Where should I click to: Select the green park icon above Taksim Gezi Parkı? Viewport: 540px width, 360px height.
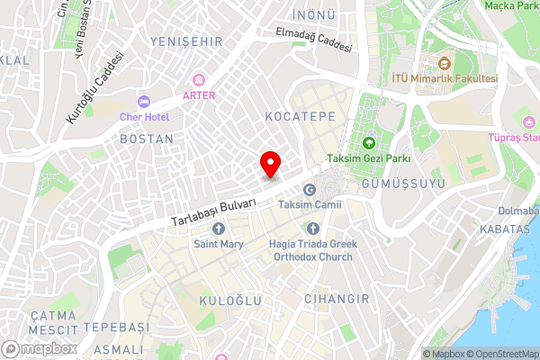(x=369, y=143)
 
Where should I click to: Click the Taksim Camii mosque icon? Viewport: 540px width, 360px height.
(x=310, y=190)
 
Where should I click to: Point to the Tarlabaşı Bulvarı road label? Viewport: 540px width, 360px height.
(x=214, y=212)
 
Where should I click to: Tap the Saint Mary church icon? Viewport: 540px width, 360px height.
(x=218, y=229)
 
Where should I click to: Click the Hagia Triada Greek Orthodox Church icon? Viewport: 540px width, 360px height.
(x=312, y=229)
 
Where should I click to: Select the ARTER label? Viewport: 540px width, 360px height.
(x=199, y=94)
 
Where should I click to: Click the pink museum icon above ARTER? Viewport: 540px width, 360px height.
(x=199, y=80)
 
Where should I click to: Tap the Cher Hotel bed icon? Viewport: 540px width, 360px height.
(x=143, y=101)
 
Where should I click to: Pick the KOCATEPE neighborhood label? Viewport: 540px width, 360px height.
(x=300, y=117)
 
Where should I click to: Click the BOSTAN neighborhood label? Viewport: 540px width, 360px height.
(x=147, y=139)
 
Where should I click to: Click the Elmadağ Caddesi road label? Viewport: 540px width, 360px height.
(x=315, y=40)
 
